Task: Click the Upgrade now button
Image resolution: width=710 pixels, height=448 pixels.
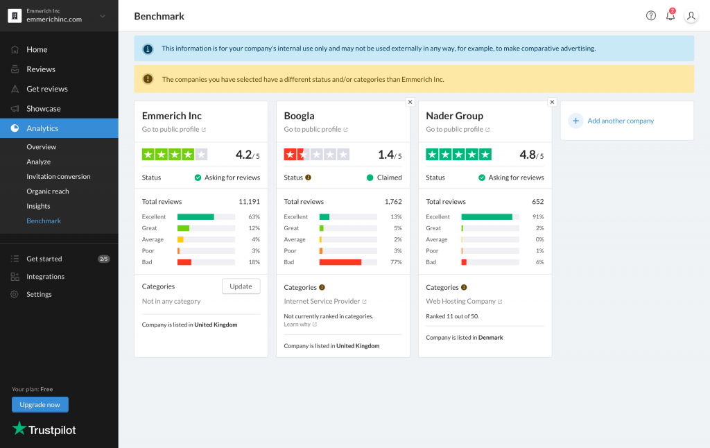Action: coord(40,404)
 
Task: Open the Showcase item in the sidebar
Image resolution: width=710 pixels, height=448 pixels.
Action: coord(43,109)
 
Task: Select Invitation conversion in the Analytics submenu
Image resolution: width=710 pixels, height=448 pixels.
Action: coord(58,177)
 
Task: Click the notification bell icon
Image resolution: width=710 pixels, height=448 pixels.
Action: coord(670,16)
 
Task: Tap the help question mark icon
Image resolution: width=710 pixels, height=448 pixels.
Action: coord(650,16)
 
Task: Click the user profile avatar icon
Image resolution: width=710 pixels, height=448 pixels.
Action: coord(691,16)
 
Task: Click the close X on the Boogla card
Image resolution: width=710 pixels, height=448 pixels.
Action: coord(410,102)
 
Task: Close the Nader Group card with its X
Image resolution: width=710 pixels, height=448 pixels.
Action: coord(552,102)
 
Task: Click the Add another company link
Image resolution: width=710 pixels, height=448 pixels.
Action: coord(620,121)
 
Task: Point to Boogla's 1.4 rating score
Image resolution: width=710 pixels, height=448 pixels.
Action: coord(386,155)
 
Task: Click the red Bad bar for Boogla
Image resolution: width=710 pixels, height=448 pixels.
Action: coord(340,262)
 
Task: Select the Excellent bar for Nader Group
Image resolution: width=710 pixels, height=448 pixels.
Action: coord(487,217)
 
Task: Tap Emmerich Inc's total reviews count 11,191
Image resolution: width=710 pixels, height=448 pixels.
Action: coord(249,202)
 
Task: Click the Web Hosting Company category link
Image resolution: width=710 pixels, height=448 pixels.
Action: coord(461,302)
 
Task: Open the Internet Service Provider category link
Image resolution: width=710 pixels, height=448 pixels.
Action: coord(322,302)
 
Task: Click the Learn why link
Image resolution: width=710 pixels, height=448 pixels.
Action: coord(297,325)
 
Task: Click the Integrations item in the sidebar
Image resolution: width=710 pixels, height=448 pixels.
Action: coord(45,277)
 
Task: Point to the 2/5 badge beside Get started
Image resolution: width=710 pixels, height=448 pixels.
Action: coord(103,259)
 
